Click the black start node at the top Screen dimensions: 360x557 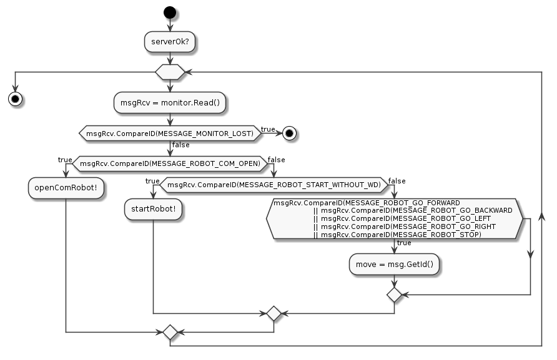169,12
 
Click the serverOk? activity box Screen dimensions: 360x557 169,42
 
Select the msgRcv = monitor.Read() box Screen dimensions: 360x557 169,102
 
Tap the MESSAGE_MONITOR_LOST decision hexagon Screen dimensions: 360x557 169,133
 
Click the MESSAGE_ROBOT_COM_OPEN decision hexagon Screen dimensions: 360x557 169,164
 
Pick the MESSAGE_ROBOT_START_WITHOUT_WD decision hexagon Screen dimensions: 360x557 274,185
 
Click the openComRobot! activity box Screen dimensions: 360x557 66,188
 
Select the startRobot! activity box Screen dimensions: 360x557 154,210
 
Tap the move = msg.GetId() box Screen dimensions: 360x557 394,264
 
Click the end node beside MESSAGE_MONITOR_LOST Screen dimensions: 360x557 289,133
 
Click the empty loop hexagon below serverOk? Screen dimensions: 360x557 169,72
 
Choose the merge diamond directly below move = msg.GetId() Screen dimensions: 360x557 394,294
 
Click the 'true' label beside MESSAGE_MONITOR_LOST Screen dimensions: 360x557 269,129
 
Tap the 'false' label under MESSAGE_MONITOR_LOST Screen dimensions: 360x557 181,145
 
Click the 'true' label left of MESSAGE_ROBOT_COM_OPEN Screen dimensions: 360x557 65,160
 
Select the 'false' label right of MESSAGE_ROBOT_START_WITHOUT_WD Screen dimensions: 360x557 397,181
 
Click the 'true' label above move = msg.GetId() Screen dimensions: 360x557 404,243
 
